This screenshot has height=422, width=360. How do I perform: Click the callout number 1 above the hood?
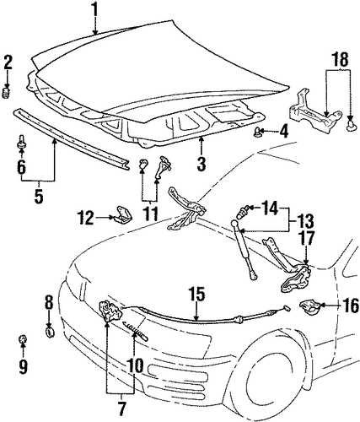pos(95,9)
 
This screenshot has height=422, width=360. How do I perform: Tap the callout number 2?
pos(8,62)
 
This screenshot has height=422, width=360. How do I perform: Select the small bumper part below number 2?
pos(6,93)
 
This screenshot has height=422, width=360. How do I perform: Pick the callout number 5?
pos(39,196)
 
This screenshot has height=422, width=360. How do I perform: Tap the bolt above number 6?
pos(21,143)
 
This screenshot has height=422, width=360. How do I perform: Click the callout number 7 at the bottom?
pos(121,408)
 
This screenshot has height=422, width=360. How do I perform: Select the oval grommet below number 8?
pos(50,333)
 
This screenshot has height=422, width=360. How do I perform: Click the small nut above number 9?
pos(22,339)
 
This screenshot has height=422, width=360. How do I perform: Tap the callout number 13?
pos(304,221)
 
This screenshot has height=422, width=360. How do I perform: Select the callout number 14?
pos(271,208)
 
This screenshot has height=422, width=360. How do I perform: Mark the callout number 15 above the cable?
pos(196,294)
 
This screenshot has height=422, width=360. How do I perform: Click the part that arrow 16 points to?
pos(309,306)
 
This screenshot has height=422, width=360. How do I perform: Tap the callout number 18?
pos(340,59)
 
